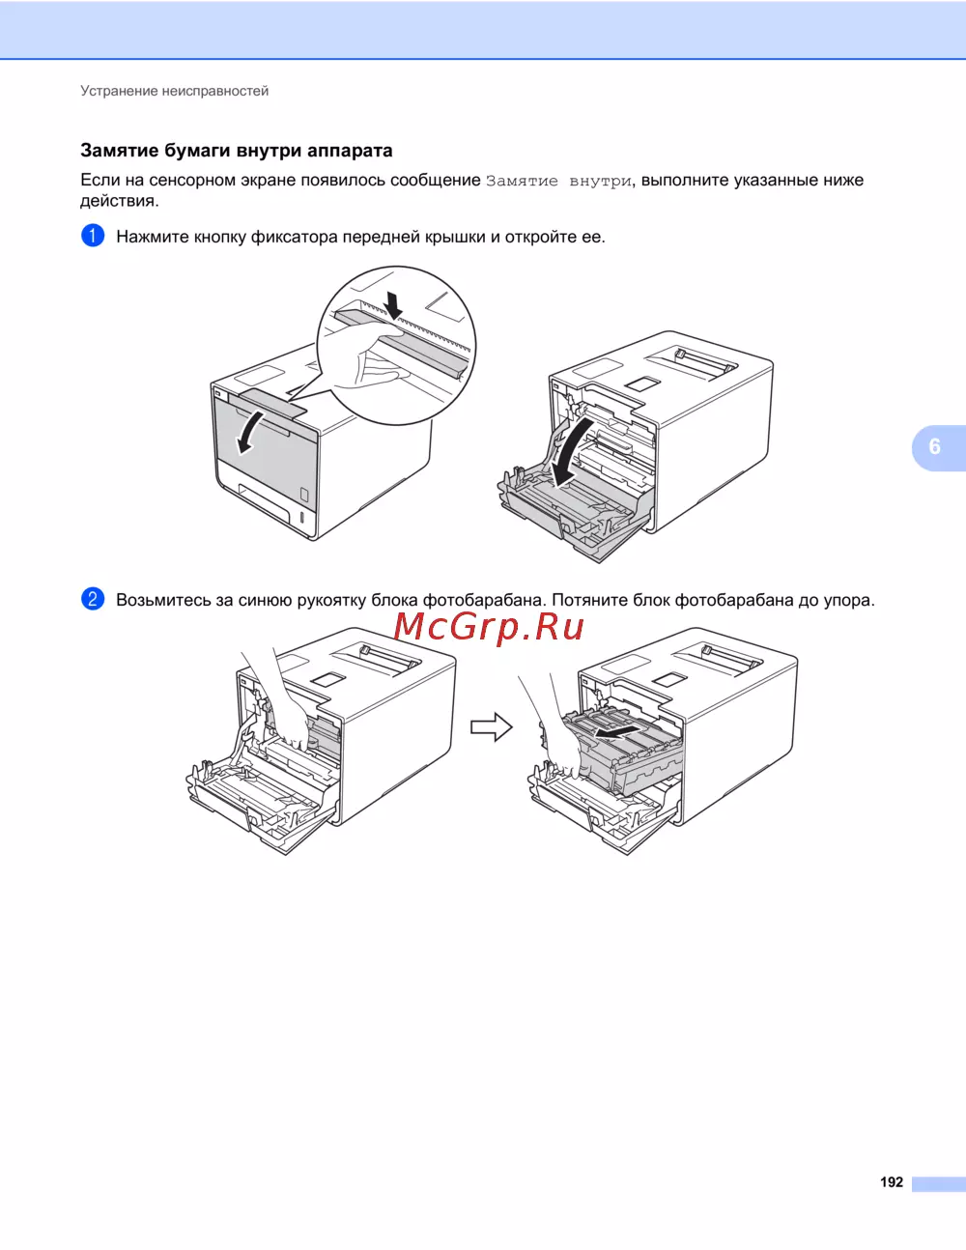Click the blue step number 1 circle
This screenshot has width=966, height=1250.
tap(93, 236)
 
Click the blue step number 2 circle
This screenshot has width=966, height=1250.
tap(93, 599)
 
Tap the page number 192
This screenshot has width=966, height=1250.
tap(892, 1182)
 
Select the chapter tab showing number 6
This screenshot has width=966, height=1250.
tap(938, 447)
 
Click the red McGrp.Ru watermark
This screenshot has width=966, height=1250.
tap(489, 628)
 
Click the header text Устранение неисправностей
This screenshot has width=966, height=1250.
tap(174, 91)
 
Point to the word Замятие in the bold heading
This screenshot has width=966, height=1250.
tap(120, 151)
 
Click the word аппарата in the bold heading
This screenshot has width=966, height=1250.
tap(350, 151)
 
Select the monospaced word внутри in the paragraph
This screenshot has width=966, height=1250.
tap(600, 182)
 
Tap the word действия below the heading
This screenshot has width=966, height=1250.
tap(119, 201)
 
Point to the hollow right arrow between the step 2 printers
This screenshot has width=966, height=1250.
tap(491, 727)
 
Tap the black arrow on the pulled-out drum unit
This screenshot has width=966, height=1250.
tap(616, 730)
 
